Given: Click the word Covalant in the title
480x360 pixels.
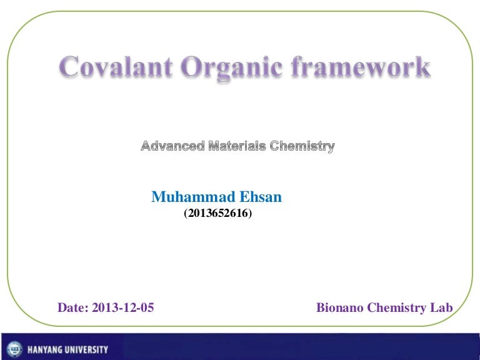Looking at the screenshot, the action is [116, 66].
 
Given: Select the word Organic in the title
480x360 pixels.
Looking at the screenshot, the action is [231, 69].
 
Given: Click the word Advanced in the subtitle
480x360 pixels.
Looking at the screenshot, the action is [172, 146].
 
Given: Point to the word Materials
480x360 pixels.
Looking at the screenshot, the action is [237, 146].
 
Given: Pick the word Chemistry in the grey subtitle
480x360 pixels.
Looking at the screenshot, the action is [302, 147].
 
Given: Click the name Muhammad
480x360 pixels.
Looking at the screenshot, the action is [193, 196].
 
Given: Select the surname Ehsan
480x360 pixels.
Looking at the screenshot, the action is [261, 196].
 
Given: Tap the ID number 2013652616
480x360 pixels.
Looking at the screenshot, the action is [218, 213].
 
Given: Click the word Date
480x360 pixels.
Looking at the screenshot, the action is [73, 307].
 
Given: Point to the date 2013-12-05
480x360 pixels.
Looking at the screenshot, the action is [122, 307].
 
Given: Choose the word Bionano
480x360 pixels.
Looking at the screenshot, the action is [339, 307].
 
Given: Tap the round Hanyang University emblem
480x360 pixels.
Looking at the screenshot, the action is [14, 349].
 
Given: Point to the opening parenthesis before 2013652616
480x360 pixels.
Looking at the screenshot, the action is [186, 213].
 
